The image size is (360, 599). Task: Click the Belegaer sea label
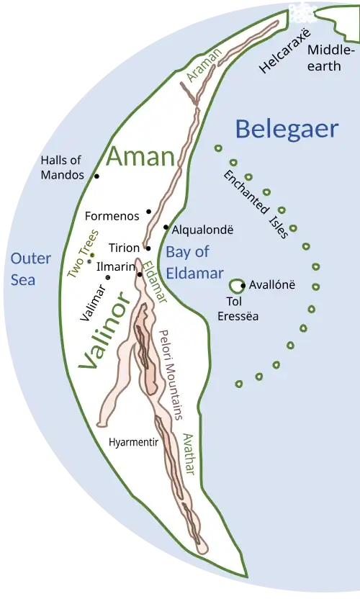coord(287,129)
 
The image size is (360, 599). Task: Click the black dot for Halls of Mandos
coord(96,176)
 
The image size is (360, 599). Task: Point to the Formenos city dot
coord(148,211)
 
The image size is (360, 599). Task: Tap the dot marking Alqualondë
coord(166,228)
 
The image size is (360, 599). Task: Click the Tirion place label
coord(125,248)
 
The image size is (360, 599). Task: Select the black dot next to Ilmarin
coord(140,274)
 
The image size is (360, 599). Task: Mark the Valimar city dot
coord(108,277)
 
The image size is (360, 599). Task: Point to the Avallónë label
coord(272,284)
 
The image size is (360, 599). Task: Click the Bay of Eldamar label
coord(188,262)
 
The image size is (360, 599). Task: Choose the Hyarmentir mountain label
coord(133,442)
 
